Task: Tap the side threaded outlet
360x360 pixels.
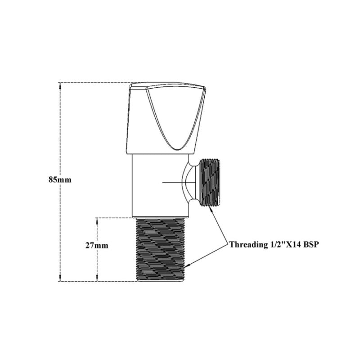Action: point(211,182)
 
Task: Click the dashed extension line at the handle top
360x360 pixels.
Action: point(94,83)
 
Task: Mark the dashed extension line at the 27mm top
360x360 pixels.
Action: point(115,218)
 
